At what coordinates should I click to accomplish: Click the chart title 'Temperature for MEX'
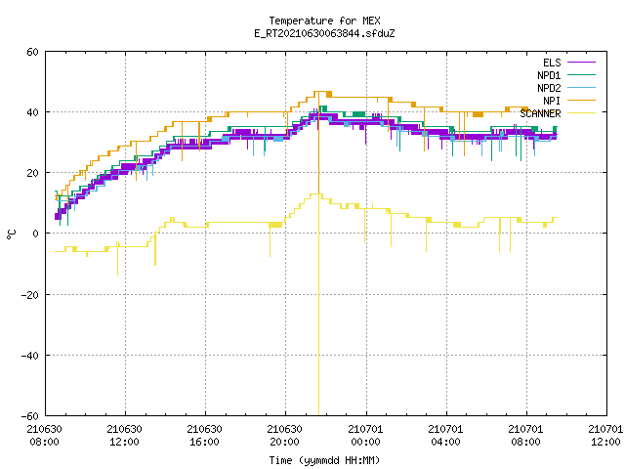(x=324, y=21)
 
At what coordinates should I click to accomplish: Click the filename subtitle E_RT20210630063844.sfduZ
(x=324, y=33)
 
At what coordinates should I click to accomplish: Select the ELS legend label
(x=552, y=63)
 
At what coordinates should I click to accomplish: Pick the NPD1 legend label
(x=549, y=75)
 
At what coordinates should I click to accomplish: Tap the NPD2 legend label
(x=549, y=88)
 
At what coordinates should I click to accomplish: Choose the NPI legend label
(x=552, y=101)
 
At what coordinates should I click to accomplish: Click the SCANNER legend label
(x=540, y=113)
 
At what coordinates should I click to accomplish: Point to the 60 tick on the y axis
(x=32, y=52)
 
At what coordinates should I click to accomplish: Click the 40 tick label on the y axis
(x=32, y=112)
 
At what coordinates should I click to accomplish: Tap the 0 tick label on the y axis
(x=36, y=234)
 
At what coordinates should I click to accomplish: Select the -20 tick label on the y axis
(x=30, y=295)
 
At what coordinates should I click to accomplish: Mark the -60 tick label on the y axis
(x=30, y=416)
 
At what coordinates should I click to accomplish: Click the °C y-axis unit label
(x=11, y=234)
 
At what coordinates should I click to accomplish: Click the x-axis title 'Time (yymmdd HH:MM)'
(x=324, y=460)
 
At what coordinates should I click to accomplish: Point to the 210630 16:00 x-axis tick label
(x=204, y=436)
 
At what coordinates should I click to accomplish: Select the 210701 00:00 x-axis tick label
(x=365, y=436)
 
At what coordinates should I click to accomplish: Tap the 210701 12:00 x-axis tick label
(x=605, y=436)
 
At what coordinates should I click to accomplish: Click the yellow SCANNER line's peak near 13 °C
(x=315, y=193)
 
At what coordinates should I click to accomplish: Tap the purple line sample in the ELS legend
(x=581, y=63)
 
